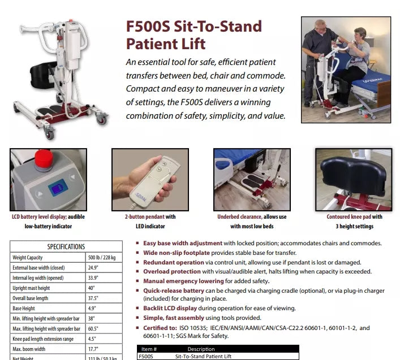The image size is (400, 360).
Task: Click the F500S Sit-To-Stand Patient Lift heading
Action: point(193,34)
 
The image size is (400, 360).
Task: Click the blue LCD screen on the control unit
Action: point(57,186)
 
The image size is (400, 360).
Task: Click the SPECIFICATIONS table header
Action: point(66,246)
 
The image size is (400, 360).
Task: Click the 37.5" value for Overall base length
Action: point(92,298)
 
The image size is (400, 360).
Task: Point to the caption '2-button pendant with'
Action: point(150,216)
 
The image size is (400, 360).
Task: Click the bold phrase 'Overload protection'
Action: point(171,271)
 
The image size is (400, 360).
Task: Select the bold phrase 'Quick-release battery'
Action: point(173,290)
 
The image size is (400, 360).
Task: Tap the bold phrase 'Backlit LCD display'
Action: point(170,309)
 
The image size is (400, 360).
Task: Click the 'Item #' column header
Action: point(149,349)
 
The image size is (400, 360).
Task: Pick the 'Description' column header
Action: point(201,349)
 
